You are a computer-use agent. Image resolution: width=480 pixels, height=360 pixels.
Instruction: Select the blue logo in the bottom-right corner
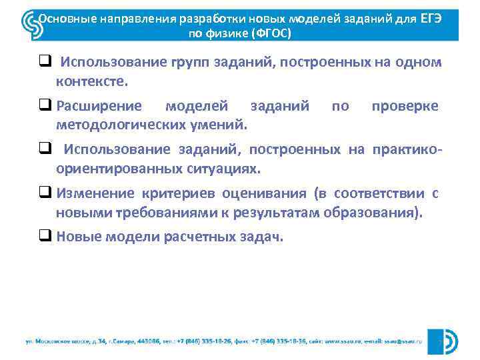443,341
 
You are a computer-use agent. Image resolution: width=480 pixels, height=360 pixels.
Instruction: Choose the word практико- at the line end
407,150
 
